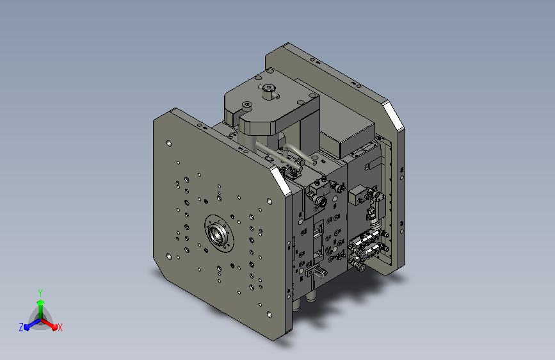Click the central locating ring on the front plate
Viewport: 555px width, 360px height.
click(x=220, y=234)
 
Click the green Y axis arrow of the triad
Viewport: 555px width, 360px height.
click(x=41, y=308)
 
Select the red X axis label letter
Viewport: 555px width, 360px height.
click(x=60, y=327)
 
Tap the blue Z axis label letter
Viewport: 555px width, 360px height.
click(x=21, y=327)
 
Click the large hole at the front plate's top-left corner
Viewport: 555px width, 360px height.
click(x=169, y=143)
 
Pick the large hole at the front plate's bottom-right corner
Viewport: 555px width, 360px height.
click(x=269, y=315)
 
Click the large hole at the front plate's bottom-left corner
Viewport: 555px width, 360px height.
click(x=169, y=256)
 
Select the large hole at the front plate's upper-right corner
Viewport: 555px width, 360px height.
click(x=269, y=201)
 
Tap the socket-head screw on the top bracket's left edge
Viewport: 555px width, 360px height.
click(x=246, y=105)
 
